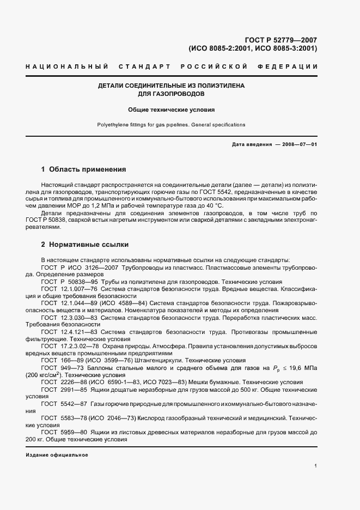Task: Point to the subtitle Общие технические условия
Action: (x=172, y=109)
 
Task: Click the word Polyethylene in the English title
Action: (x=113, y=125)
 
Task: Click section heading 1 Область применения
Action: (x=83, y=169)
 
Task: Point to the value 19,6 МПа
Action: (x=302, y=368)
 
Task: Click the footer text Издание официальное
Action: (x=57, y=454)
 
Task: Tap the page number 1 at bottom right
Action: (x=316, y=466)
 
